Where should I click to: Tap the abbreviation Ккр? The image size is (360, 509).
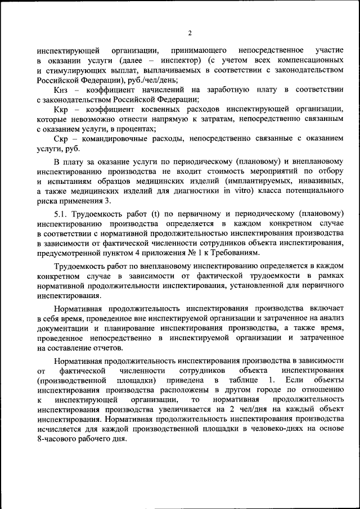pyautogui.click(x=62, y=109)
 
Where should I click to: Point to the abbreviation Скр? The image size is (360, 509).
pyautogui.click(x=62, y=139)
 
